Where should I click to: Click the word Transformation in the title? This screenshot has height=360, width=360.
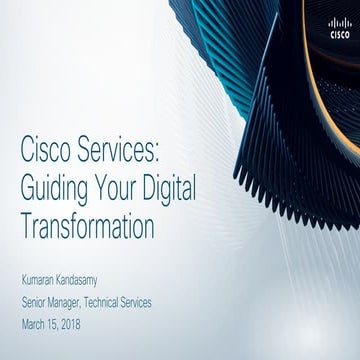tap(88, 227)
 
